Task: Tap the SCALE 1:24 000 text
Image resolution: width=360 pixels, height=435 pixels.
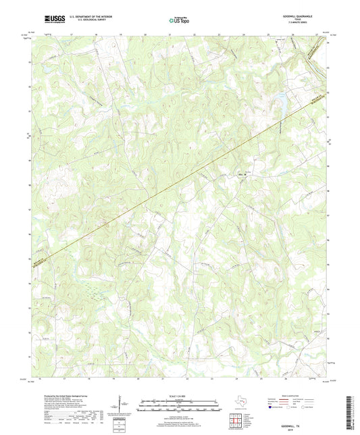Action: click(x=180, y=396)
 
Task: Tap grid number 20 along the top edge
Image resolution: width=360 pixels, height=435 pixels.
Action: click(x=145, y=33)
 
